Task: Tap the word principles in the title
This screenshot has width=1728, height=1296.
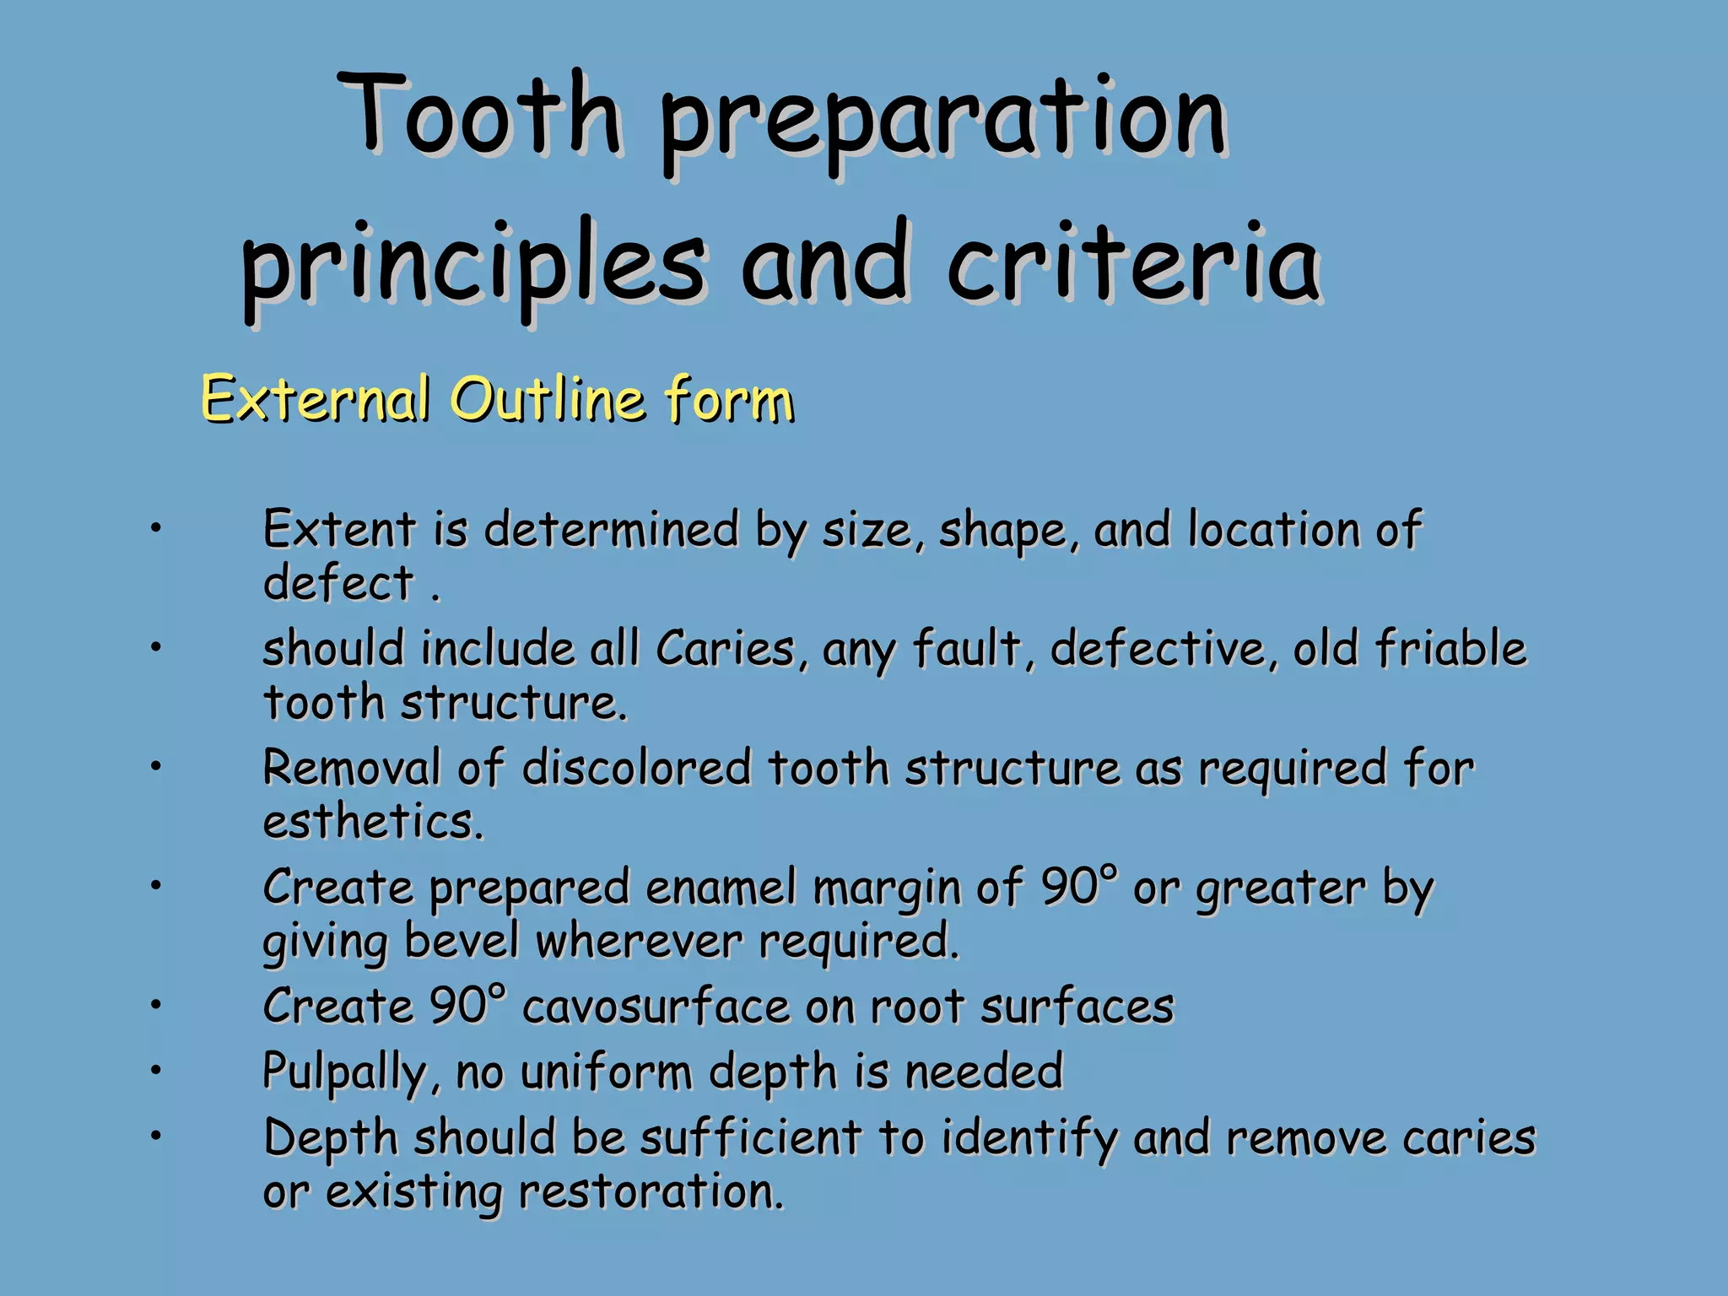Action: point(472,266)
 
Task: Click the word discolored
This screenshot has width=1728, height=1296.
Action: point(636,769)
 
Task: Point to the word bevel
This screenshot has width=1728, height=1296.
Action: point(462,940)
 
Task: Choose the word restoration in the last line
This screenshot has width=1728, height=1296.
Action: point(651,1191)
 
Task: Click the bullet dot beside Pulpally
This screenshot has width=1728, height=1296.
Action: point(155,1071)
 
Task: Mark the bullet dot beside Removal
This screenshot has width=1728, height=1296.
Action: point(155,767)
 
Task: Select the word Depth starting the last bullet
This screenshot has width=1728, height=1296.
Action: point(330,1137)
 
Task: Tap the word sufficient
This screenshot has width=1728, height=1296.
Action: point(750,1137)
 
